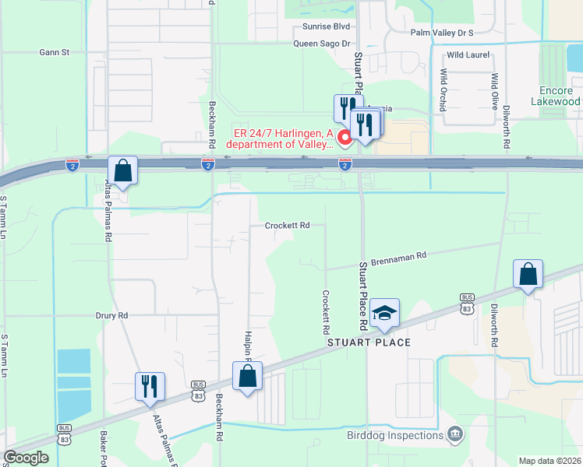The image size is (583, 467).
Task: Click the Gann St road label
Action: tap(55, 53)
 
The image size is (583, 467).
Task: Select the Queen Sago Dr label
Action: tap(322, 44)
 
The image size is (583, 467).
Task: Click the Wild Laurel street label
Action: tap(467, 55)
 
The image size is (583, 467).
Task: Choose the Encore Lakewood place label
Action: tap(555, 96)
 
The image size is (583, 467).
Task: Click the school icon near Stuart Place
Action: tap(384, 313)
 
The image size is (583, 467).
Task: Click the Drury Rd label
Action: tap(111, 316)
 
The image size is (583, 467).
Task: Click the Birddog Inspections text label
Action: tap(395, 435)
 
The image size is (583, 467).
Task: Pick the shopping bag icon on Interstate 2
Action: tap(123, 170)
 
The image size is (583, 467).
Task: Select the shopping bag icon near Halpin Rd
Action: tap(247, 376)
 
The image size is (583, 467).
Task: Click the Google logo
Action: tap(26, 457)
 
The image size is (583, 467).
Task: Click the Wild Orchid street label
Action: tap(443, 90)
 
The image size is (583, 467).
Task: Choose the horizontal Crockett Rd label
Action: tap(288, 226)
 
